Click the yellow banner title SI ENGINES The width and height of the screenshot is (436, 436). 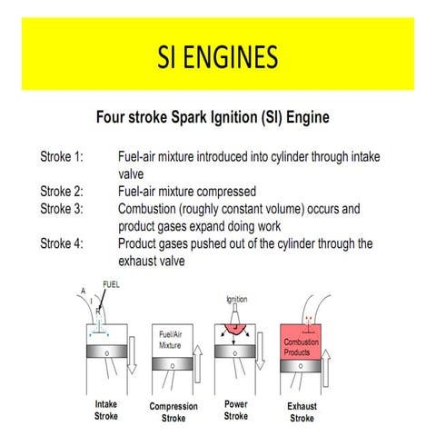click(x=218, y=56)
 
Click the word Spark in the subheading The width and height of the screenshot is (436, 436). click(x=189, y=117)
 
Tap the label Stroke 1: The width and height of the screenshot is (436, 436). click(x=62, y=156)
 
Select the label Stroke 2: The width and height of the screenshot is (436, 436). click(x=62, y=192)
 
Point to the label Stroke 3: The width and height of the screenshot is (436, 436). click(x=62, y=209)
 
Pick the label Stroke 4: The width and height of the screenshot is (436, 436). click(x=62, y=243)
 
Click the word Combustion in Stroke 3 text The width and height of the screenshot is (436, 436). click(x=147, y=209)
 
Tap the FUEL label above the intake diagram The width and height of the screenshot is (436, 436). click(x=111, y=284)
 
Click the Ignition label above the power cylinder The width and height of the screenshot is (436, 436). click(x=237, y=300)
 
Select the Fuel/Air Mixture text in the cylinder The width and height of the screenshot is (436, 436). click(x=170, y=340)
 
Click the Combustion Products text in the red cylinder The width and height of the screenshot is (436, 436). click(x=301, y=347)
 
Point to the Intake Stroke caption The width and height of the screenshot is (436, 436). click(x=106, y=410)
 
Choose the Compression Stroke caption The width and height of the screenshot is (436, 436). click(x=173, y=412)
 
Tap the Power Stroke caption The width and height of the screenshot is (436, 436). click(x=236, y=410)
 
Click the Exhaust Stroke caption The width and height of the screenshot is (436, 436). click(x=302, y=412)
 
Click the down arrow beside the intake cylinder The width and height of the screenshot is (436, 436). click(x=132, y=355)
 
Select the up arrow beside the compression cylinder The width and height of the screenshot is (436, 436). click(x=198, y=363)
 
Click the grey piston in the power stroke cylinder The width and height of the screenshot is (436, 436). click(x=235, y=352)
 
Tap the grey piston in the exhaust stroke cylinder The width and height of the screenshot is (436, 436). click(x=301, y=366)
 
